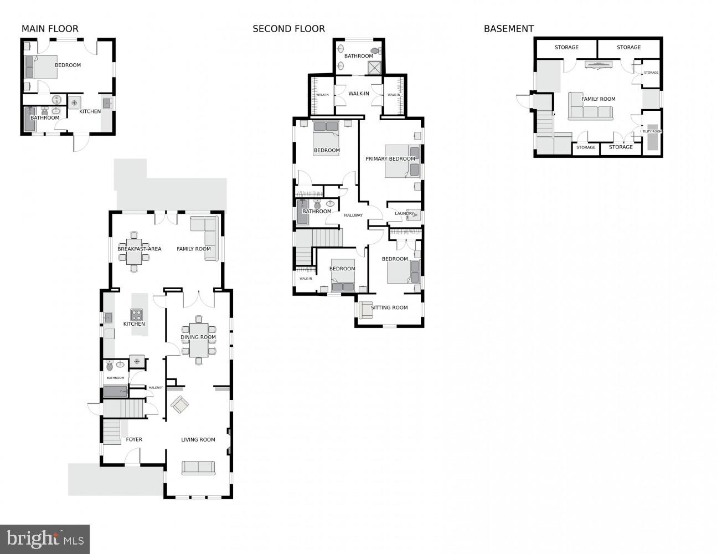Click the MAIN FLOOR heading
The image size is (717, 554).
[50, 29]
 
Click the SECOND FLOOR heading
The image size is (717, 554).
[288, 29]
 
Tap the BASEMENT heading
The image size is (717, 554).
[508, 29]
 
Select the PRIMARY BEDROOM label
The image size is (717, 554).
[390, 159]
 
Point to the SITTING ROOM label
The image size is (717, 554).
[389, 307]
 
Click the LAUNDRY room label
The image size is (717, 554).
[404, 213]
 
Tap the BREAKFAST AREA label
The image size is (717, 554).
[139, 249]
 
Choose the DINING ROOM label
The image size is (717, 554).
[198, 337]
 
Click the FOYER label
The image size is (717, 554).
[134, 439]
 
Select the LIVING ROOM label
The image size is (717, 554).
[198, 439]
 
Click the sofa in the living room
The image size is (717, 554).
[198, 468]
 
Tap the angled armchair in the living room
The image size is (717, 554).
[179, 405]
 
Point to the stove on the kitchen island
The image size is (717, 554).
[136, 315]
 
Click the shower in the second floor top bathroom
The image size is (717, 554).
[375, 68]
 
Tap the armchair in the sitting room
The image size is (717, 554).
[365, 310]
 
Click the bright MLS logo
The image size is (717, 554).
[45, 538]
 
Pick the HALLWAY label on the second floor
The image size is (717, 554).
[353, 215]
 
